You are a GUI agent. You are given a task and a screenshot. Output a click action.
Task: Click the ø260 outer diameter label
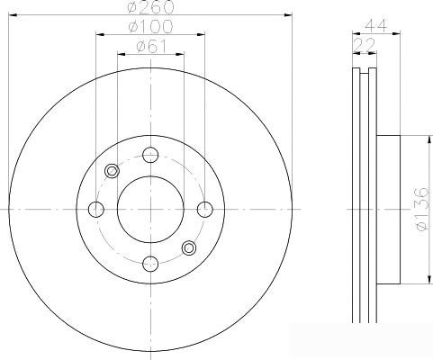150,6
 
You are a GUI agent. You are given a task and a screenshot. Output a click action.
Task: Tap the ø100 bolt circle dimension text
150,27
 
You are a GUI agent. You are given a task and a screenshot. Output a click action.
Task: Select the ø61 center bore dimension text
151,47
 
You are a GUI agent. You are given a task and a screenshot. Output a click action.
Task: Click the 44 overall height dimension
376,25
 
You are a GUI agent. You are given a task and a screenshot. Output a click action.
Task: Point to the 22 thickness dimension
365,45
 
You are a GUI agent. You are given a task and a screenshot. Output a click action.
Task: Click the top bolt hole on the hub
150,155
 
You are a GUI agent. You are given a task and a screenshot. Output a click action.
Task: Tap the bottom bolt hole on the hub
150,264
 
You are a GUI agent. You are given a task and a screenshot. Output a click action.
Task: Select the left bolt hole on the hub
96,210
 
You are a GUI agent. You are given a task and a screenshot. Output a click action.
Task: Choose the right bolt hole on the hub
205,210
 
